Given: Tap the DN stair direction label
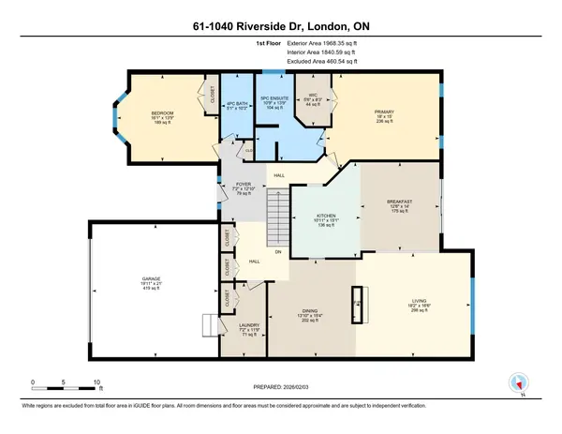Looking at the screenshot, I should [277, 251].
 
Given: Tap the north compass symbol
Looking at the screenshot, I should [517, 382].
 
